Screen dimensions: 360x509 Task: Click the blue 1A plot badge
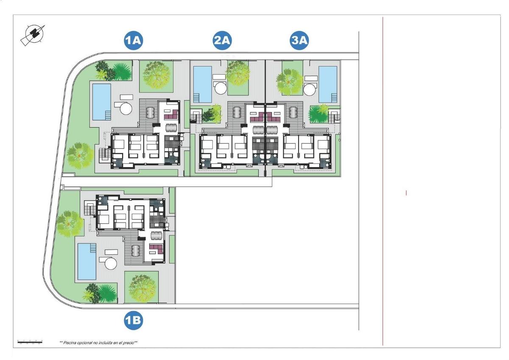[x=133, y=41]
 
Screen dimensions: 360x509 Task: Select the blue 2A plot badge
[x=222, y=41]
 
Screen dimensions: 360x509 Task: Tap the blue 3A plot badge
[x=299, y=41]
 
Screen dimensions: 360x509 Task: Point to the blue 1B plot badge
[x=133, y=321]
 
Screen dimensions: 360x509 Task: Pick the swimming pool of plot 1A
[x=101, y=101]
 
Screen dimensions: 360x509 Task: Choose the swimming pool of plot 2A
[x=202, y=84]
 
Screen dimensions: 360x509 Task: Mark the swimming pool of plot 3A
[x=328, y=84]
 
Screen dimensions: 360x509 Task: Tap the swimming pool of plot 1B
[x=87, y=261]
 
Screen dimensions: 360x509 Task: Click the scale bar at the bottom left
[x=30, y=341]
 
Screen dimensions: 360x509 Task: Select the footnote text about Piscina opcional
[x=98, y=342]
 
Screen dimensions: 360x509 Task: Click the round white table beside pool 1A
[x=126, y=107]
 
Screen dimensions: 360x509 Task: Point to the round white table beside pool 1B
[x=110, y=264]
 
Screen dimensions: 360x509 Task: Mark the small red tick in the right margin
[x=406, y=193]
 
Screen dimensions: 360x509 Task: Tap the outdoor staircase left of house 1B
[x=89, y=209]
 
